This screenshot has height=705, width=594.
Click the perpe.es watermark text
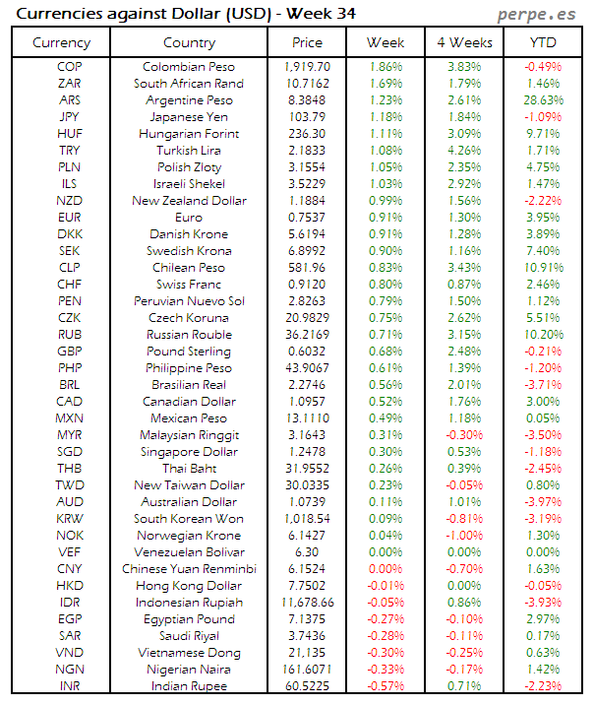tap(536, 14)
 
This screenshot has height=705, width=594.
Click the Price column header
tap(307, 42)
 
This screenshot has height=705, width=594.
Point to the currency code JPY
tap(70, 117)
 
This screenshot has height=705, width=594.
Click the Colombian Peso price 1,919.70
tap(307, 67)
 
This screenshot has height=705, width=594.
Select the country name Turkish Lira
tap(189, 151)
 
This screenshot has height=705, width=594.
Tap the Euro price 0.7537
tap(307, 218)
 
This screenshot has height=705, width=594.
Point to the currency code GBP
tap(70, 352)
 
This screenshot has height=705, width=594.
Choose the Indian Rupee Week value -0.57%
tap(385, 686)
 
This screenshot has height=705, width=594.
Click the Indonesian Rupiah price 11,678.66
tap(307, 603)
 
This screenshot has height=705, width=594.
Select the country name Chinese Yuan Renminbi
tap(189, 569)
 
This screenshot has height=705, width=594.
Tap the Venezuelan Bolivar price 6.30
tap(307, 552)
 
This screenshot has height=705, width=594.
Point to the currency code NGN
tap(70, 670)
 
